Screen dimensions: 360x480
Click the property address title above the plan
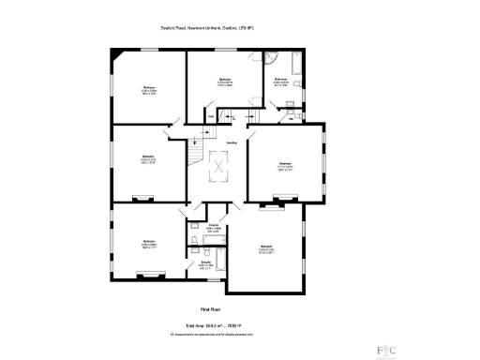tap(216, 28)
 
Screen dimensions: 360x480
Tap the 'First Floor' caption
tap(215, 308)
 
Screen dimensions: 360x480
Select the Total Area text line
tap(215, 324)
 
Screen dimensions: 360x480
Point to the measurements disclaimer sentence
tap(215, 333)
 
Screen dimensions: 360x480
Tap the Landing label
tap(230, 142)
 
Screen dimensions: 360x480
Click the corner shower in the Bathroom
tap(275, 62)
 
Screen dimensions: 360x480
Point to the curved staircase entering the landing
tap(195, 150)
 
